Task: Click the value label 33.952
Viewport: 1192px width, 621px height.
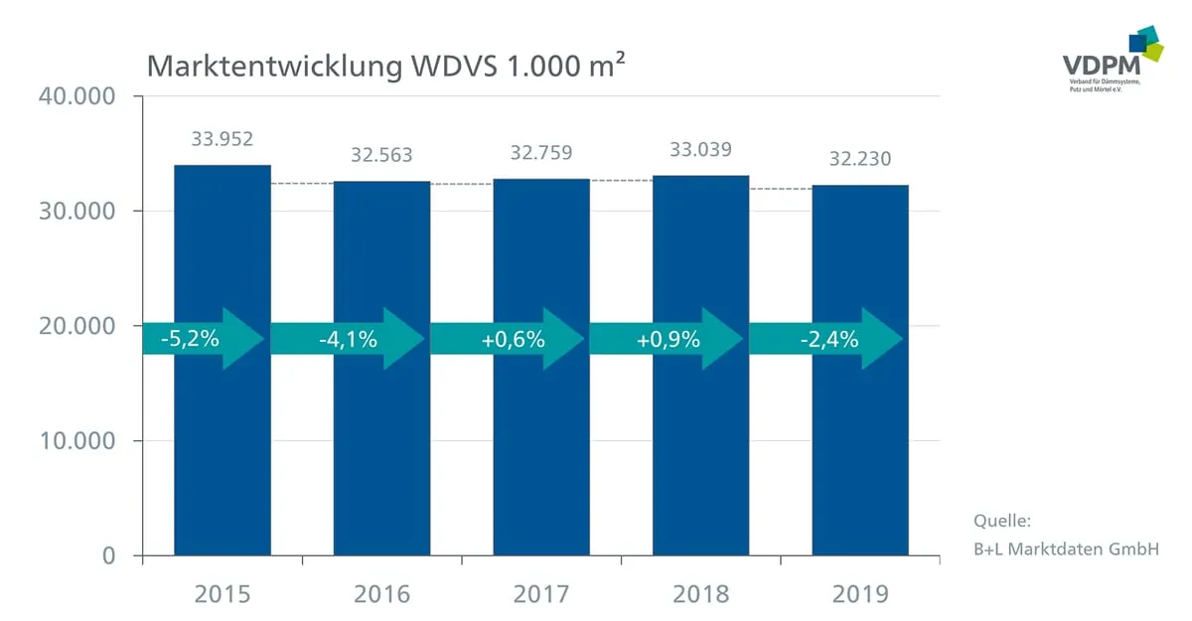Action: (223, 138)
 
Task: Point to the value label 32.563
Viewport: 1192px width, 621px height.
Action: (381, 155)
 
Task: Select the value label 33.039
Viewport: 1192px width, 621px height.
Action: (701, 150)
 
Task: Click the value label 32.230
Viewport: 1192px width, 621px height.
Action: (860, 158)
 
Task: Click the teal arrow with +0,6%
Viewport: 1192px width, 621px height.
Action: (513, 339)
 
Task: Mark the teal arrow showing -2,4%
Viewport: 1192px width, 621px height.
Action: (828, 339)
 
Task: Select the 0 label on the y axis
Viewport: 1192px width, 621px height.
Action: (109, 555)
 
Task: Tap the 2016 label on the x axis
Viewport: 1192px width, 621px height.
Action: (381, 594)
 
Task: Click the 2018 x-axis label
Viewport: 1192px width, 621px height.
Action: (701, 594)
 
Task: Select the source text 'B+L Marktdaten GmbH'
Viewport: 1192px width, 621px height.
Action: (1066, 547)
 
